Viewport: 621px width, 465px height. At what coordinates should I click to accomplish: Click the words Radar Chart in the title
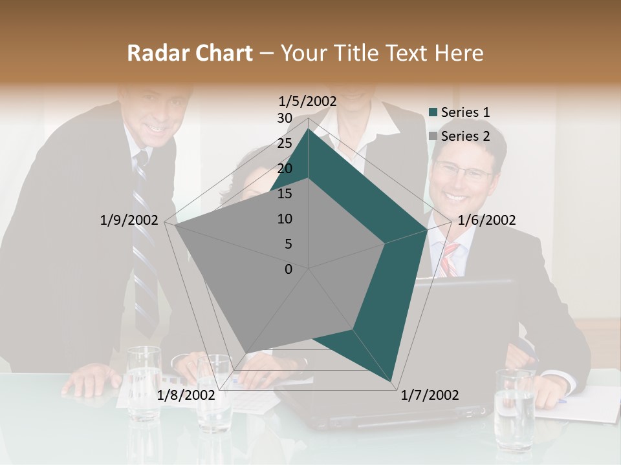(x=190, y=53)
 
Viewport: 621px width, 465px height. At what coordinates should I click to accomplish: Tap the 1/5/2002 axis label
(x=308, y=101)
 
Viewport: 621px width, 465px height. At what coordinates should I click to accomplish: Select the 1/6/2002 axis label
(x=486, y=220)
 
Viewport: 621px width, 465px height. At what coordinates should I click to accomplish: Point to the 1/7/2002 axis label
(x=430, y=395)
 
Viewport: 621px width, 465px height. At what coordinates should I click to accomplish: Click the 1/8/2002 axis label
(x=186, y=395)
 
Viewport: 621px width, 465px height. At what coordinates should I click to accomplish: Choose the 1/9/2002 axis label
(x=129, y=220)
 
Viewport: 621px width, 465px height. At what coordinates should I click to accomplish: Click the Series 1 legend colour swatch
(x=433, y=112)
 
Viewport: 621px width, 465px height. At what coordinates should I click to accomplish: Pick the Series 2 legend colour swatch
(x=433, y=136)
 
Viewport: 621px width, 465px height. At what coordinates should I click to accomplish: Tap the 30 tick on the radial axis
(x=285, y=118)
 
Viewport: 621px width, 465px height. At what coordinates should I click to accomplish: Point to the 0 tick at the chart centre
(x=289, y=269)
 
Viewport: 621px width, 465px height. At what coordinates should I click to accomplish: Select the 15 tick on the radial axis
(x=285, y=194)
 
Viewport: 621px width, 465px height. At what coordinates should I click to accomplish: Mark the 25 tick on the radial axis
(x=285, y=143)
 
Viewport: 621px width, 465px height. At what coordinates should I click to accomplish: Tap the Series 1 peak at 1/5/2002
(x=309, y=128)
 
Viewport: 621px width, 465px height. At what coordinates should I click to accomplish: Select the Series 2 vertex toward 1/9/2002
(x=175, y=225)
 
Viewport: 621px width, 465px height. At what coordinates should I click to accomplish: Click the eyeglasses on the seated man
(x=463, y=171)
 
